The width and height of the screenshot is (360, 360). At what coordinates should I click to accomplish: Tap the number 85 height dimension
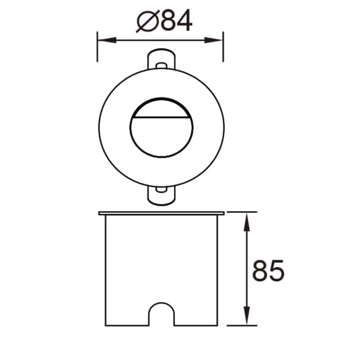268,270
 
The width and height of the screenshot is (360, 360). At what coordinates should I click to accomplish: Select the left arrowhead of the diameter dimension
103,40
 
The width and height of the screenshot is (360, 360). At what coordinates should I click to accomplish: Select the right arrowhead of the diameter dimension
217,40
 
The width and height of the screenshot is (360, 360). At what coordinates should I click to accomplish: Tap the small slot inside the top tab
160,65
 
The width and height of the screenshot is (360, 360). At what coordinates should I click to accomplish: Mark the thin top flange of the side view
161,212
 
